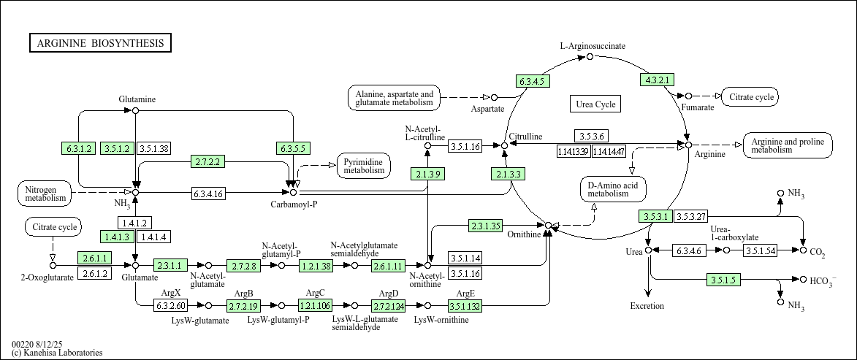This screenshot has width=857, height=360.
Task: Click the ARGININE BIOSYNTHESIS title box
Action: [x=100, y=43]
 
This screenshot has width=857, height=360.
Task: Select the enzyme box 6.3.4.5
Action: [x=533, y=81]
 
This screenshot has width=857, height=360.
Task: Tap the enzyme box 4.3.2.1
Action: [x=657, y=80]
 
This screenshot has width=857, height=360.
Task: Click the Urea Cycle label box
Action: [x=595, y=104]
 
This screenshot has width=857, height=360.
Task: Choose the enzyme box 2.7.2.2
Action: [x=207, y=161]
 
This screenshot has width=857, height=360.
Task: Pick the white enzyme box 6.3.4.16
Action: [x=207, y=193]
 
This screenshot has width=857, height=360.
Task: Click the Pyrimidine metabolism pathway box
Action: [x=364, y=166]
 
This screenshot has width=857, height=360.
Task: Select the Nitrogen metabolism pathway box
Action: [x=45, y=193]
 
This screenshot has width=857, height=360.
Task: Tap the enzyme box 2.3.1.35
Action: [x=485, y=226]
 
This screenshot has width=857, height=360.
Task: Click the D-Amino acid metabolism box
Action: [x=613, y=189]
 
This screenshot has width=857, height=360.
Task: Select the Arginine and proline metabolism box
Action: [x=788, y=145]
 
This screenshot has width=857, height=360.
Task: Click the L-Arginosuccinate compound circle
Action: [x=590, y=57]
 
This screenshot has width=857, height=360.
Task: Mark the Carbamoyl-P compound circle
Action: [x=294, y=192]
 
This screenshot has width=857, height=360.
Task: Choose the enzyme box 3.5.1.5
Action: [x=723, y=280]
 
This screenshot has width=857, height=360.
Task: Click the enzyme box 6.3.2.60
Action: [x=170, y=306]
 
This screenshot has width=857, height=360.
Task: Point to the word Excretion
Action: [x=647, y=306]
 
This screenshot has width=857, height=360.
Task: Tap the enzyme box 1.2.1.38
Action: [x=316, y=266]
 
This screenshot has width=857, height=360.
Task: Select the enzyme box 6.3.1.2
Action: [x=79, y=148]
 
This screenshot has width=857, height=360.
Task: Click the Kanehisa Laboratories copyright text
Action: [x=57, y=353]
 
